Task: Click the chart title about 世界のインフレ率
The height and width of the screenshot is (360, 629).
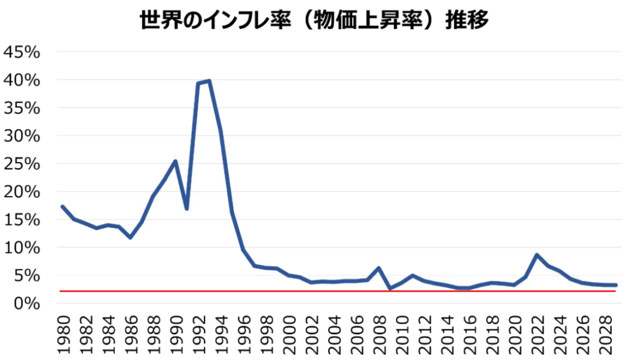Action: pyautogui.click(x=314, y=21)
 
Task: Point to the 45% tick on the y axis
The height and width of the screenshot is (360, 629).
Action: pyautogui.click(x=22, y=52)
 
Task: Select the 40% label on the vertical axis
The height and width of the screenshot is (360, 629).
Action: pyautogui.click(x=22, y=80)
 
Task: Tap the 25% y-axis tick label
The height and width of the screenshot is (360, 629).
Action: pyautogui.click(x=22, y=164)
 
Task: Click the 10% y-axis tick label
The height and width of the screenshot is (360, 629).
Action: pyautogui.click(x=22, y=248)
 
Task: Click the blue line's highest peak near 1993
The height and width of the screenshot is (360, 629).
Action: pyautogui.click(x=209, y=80)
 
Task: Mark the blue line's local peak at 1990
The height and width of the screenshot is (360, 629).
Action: pyautogui.click(x=176, y=162)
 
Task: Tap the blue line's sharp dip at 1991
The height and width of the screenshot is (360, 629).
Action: pyautogui.click(x=187, y=209)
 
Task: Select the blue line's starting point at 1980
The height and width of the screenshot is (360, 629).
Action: pyautogui.click(x=63, y=206)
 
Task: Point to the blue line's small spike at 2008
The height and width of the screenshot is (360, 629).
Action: pyautogui.click(x=379, y=268)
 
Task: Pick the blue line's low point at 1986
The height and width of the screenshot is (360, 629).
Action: pyautogui.click(x=130, y=237)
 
